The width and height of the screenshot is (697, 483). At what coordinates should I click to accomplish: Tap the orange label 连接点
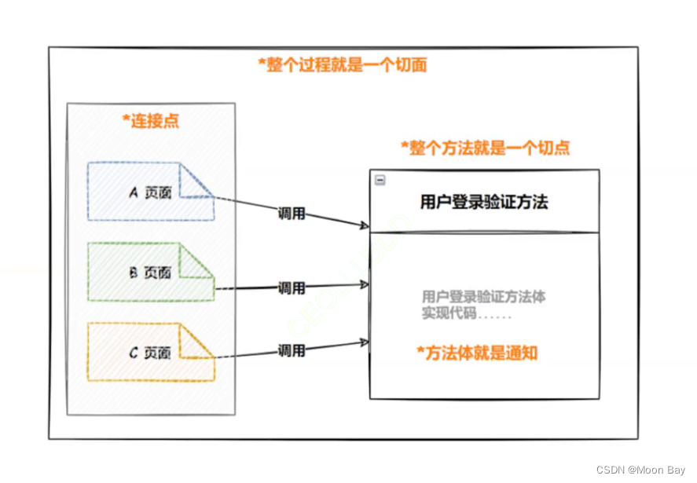pyautogui.click(x=150, y=121)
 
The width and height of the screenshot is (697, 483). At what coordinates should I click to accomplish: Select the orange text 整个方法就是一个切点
pyautogui.click(x=485, y=148)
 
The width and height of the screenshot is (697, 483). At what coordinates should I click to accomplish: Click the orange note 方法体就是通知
pyautogui.click(x=477, y=353)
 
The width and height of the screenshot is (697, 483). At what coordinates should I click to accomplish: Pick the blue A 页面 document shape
pyautogui.click(x=149, y=192)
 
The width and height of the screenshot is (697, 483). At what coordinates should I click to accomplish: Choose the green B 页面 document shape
pyautogui.click(x=149, y=273)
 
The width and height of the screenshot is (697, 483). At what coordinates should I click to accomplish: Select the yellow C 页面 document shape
pyautogui.click(x=149, y=353)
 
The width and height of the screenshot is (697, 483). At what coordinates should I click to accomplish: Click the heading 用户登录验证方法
pyautogui.click(x=484, y=202)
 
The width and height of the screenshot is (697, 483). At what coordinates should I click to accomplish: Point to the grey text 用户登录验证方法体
pyautogui.click(x=483, y=297)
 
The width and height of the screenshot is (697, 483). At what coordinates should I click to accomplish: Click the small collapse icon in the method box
pyautogui.click(x=380, y=180)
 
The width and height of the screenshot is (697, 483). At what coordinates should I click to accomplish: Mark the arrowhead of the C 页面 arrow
pyautogui.click(x=365, y=342)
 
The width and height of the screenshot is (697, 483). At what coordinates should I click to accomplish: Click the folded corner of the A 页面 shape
pyautogui.click(x=197, y=180)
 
